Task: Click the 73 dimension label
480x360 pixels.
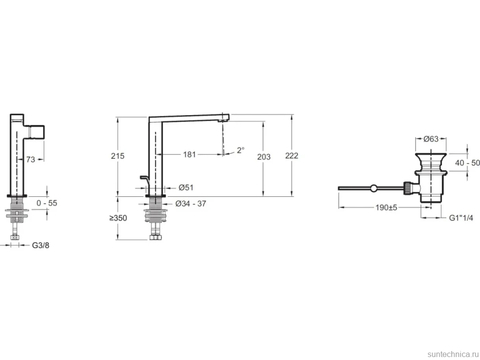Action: tap(31, 159)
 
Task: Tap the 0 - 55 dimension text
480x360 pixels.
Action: tap(47, 203)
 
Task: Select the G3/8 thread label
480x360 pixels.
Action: tap(41, 245)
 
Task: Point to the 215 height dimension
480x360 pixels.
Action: tap(118, 156)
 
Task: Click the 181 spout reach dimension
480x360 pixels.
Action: tap(190, 154)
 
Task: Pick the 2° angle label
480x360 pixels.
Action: tap(240, 150)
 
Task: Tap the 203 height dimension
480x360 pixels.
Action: tap(264, 157)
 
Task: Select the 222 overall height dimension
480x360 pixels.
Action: tap(292, 156)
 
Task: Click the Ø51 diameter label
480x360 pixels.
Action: tap(186, 187)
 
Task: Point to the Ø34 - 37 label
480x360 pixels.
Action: tap(191, 204)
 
